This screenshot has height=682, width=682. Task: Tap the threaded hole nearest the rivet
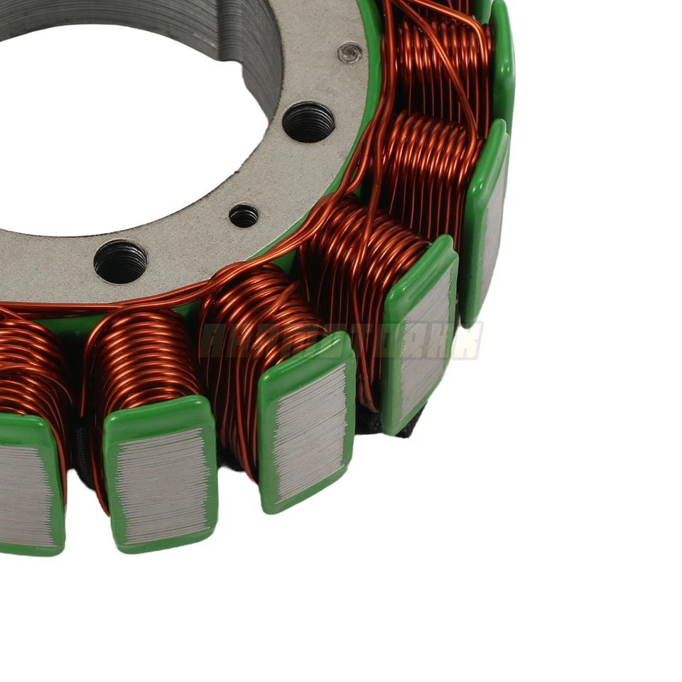pos(308,121)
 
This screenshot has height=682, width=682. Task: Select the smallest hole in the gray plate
pos(244,215)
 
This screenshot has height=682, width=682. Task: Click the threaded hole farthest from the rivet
pos(120,261)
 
